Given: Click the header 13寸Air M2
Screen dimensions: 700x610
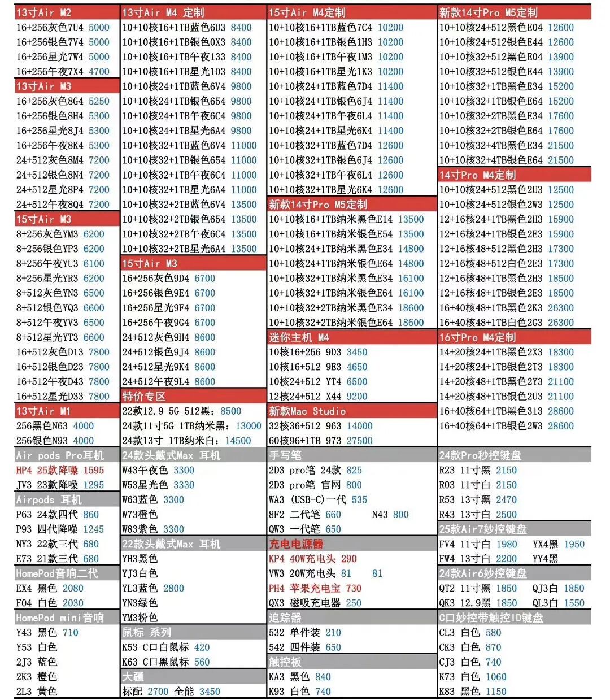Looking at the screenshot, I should coord(43,12).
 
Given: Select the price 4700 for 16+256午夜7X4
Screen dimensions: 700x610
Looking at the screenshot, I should coord(99,72).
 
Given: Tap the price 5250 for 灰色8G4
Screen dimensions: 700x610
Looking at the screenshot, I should coord(99,101).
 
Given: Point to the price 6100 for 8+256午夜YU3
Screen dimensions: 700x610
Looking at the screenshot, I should coord(94,263).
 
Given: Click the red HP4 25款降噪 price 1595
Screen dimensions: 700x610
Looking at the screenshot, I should coord(93,470).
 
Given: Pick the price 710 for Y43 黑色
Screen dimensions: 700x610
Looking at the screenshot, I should coord(71,632).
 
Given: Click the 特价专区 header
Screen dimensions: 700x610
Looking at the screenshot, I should coord(144,396).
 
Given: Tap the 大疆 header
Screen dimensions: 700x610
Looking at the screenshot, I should coord(133,676).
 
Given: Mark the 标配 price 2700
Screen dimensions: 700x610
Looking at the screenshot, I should coord(158,691).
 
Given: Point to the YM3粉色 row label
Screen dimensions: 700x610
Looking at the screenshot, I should coord(140,618).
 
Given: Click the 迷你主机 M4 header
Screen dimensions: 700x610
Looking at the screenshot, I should coord(299,337).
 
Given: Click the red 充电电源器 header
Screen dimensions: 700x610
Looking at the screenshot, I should coord(296,544).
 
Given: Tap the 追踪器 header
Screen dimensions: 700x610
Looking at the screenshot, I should coord(285,618).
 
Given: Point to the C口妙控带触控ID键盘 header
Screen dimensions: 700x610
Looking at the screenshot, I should coord(491,618).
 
